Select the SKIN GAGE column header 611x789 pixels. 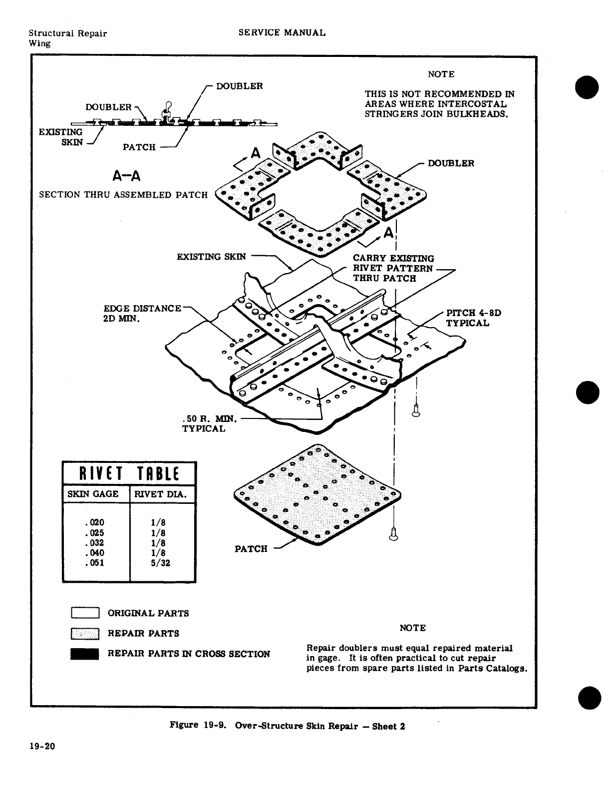tap(93, 494)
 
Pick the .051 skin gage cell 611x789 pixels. tap(95, 563)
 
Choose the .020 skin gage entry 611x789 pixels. tap(95, 523)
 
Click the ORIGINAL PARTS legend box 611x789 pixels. tap(86, 613)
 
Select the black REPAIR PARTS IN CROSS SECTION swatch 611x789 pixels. tap(85, 654)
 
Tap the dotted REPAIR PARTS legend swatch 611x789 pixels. tap(86, 633)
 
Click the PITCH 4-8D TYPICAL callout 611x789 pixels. tap(473, 318)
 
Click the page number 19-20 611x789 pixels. tap(42, 747)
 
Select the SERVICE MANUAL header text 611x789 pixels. tap(282, 33)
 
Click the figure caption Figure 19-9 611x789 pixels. tap(287, 726)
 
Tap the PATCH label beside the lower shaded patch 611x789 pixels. tap(251, 549)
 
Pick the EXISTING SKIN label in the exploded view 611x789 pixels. tap(212, 257)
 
